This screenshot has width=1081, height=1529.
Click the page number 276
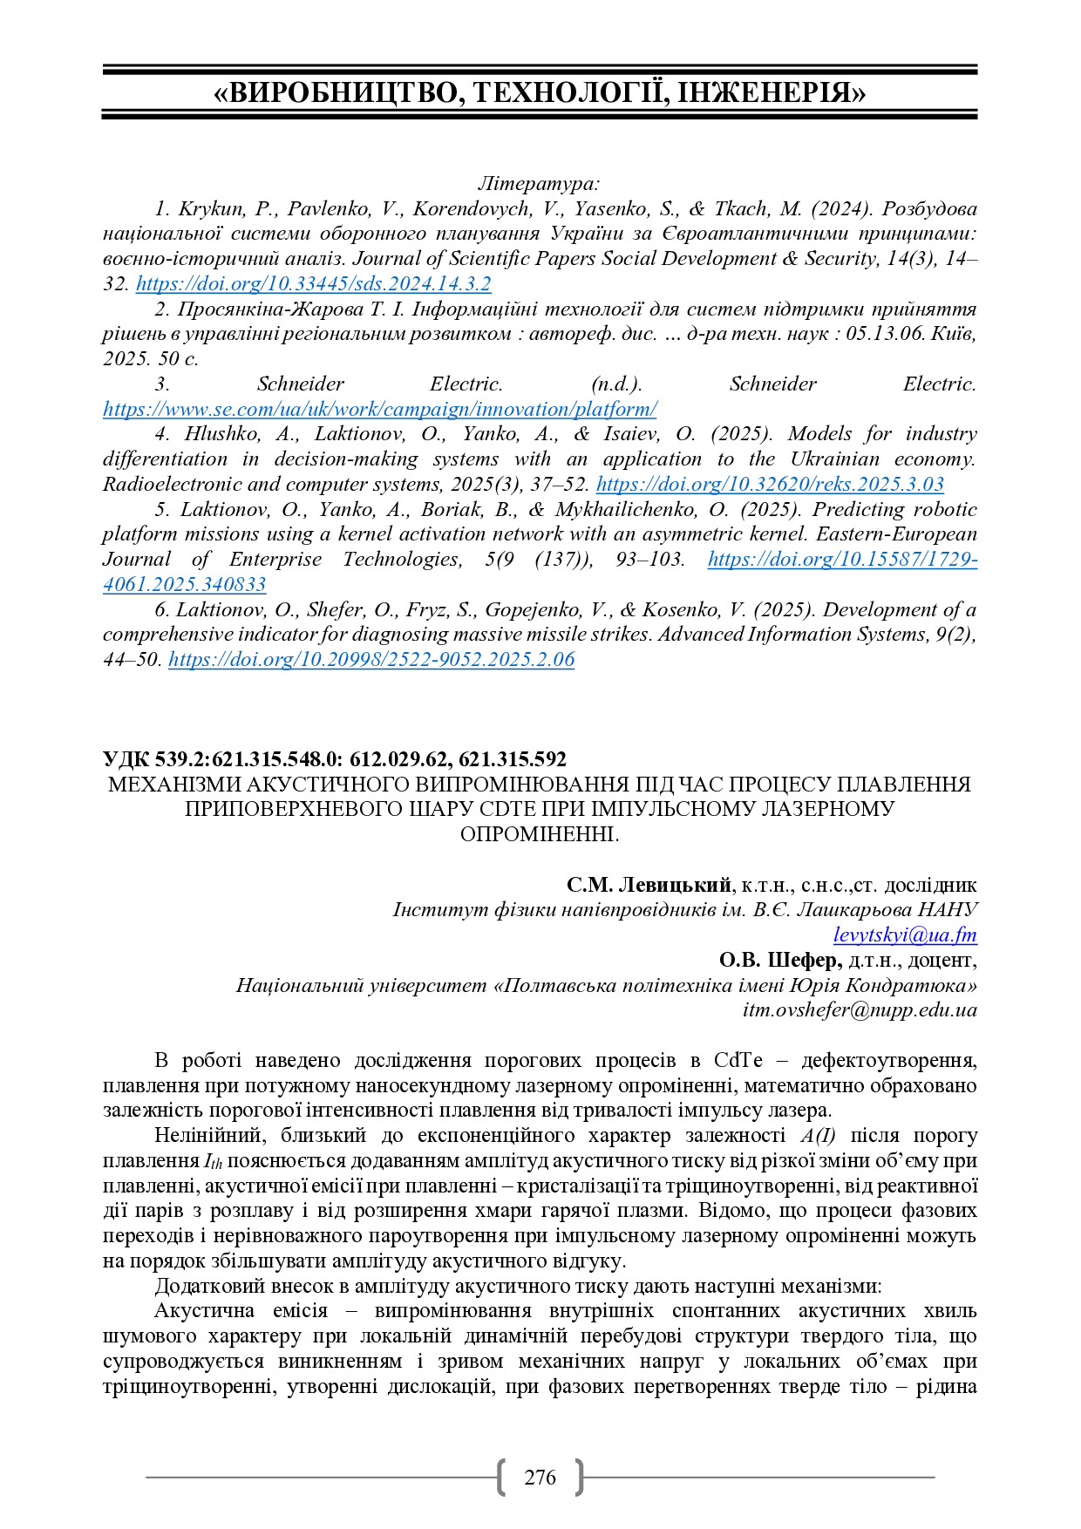click(x=540, y=1477)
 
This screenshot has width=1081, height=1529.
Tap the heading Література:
click(x=539, y=183)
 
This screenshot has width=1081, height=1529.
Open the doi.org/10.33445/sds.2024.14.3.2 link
click(x=314, y=284)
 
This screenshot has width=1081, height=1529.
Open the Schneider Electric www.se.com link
click(x=379, y=410)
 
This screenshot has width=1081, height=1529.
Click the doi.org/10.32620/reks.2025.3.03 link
click(x=770, y=485)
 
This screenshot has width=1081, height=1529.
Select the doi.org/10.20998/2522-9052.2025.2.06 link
click(x=371, y=660)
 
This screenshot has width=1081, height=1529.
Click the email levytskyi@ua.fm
click(x=905, y=935)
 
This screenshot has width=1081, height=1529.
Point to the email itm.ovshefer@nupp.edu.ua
click(x=860, y=1010)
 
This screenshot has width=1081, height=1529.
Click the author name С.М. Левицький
click(x=649, y=886)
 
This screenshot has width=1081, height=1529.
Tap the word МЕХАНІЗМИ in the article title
click(x=174, y=785)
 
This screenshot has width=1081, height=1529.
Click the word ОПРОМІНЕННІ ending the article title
click(x=539, y=834)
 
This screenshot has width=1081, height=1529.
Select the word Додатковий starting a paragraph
click(x=207, y=1286)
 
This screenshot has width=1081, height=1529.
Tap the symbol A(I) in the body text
click(x=818, y=1136)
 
